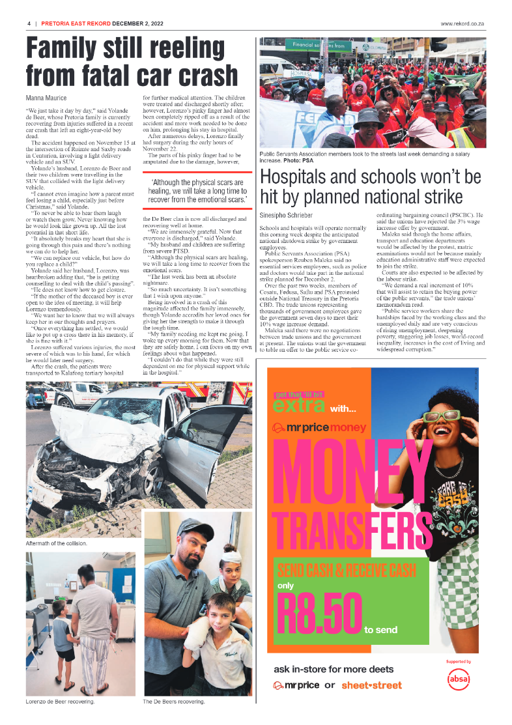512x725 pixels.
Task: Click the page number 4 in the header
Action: [x=29, y=23]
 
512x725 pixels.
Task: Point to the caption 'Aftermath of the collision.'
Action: [x=56, y=543]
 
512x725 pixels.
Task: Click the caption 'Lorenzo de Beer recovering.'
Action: [x=60, y=702]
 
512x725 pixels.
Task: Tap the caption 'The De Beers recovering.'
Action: [x=173, y=702]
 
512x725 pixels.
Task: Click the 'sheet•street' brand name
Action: [x=371, y=685]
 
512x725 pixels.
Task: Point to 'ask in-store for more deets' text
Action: [x=334, y=669]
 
